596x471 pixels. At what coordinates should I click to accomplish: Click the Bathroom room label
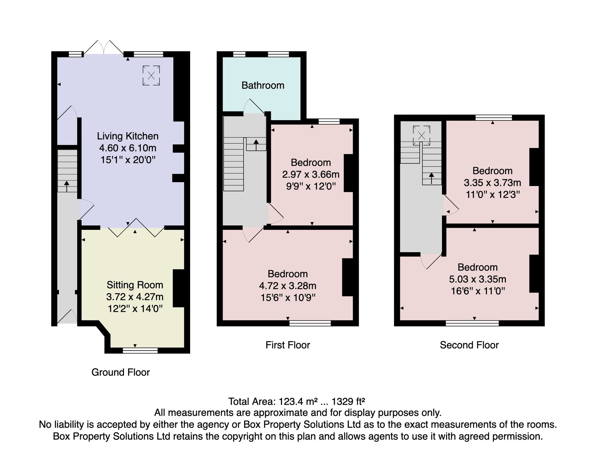coord(263,86)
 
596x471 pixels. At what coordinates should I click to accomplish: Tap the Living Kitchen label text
coord(128,136)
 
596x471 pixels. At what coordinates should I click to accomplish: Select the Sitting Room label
coord(135,285)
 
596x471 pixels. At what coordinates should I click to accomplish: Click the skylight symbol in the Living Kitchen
coord(151,75)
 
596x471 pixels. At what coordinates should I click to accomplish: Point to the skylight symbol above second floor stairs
coord(421,136)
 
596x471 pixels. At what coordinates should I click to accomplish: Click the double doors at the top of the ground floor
coord(103,47)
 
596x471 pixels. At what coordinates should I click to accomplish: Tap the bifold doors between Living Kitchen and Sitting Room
coord(136,228)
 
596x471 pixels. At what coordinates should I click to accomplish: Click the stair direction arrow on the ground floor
coord(66,186)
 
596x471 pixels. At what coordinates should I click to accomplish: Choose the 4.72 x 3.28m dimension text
coord(288,286)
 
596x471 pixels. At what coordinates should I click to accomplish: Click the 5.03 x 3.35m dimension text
coord(478,279)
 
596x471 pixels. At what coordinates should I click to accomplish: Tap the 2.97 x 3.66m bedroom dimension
coord(311,174)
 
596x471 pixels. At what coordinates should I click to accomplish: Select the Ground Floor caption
coord(120,372)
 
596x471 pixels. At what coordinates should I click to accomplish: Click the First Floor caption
coord(288,345)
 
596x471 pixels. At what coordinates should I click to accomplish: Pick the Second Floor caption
coord(469,345)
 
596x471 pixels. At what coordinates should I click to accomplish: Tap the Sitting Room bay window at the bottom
coord(140,351)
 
